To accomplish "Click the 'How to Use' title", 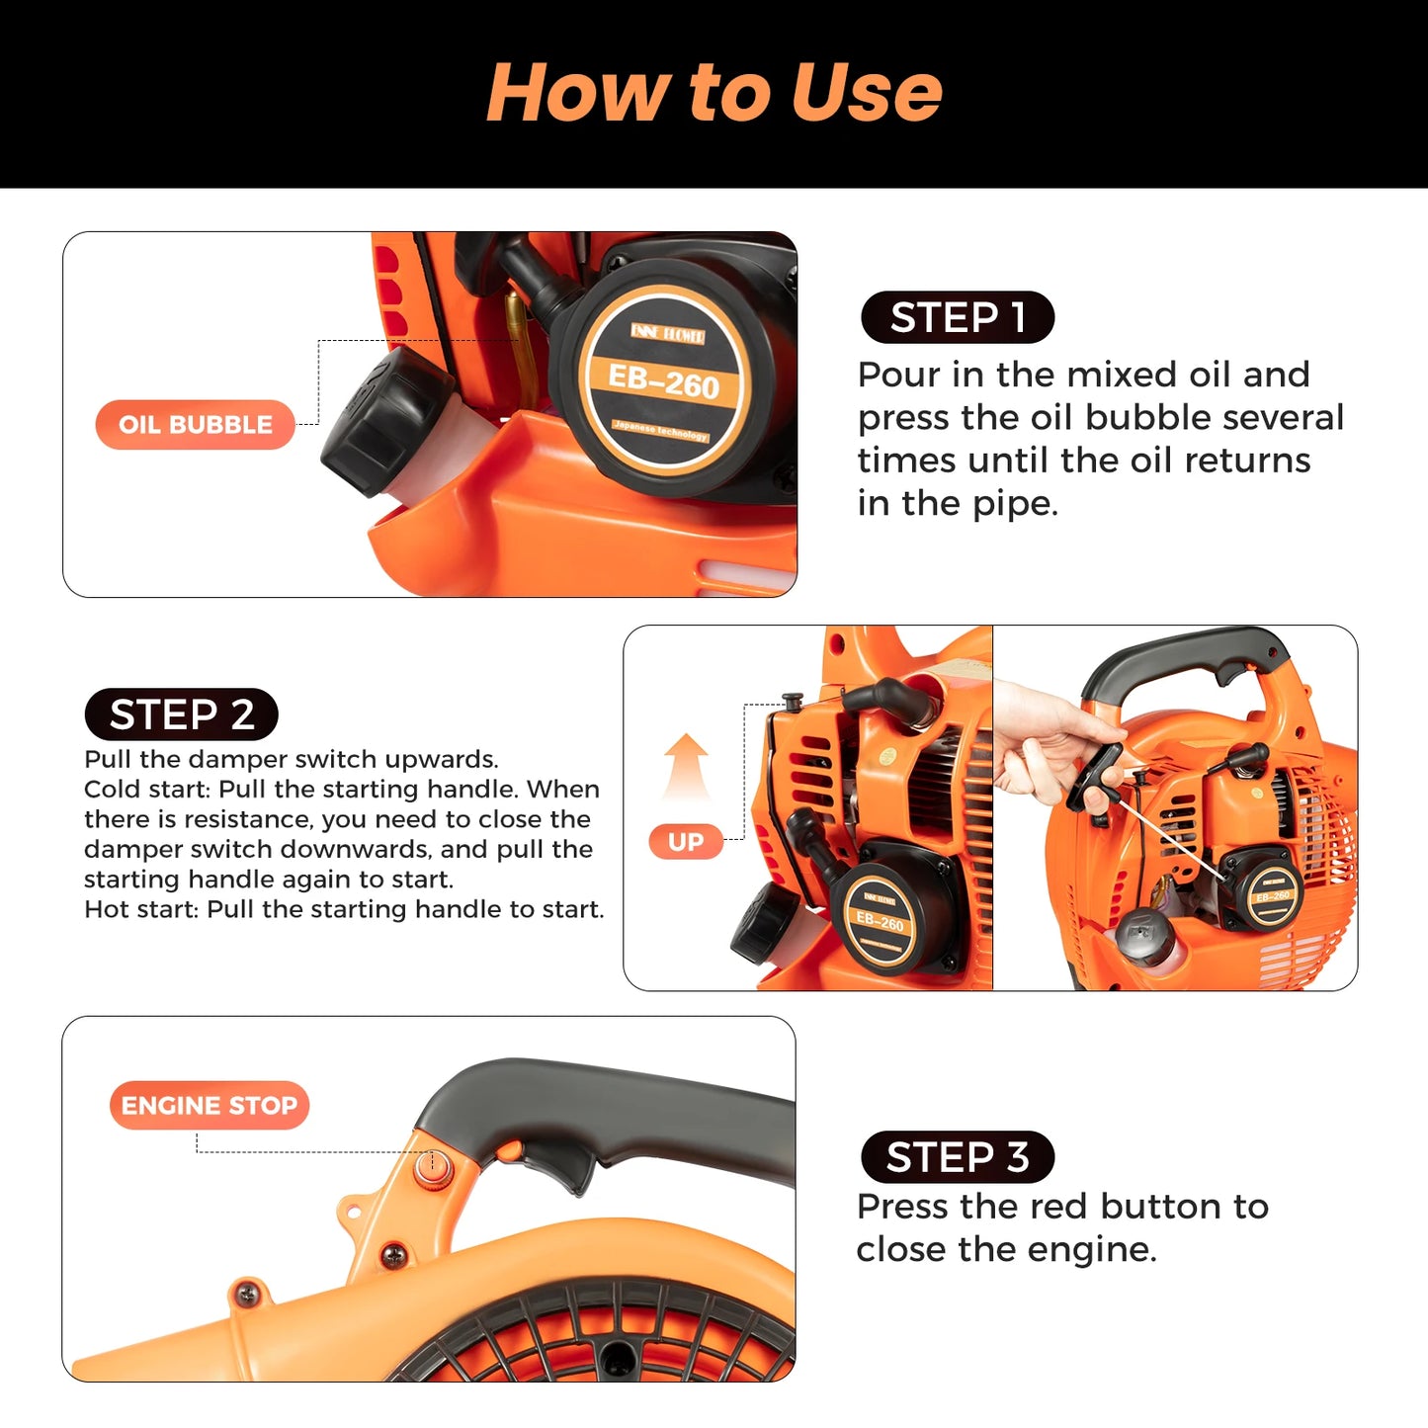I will (x=714, y=92).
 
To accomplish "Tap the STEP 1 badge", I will (x=957, y=317).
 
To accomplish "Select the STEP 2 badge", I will (x=181, y=714).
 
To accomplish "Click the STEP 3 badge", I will (x=957, y=1157).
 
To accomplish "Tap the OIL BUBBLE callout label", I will (x=195, y=425).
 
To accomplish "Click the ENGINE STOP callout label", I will (x=210, y=1105).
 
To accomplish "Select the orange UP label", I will (x=686, y=842).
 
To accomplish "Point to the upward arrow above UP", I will (x=686, y=766).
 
